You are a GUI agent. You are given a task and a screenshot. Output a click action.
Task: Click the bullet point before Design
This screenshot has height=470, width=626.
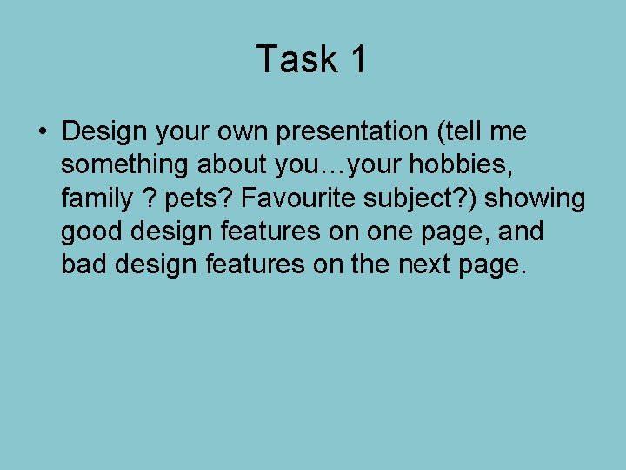click(43, 132)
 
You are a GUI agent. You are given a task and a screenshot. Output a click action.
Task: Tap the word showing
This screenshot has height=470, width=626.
click(536, 198)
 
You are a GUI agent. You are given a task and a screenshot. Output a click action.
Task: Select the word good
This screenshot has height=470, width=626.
click(92, 232)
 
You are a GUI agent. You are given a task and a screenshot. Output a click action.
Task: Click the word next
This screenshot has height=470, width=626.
click(423, 265)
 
